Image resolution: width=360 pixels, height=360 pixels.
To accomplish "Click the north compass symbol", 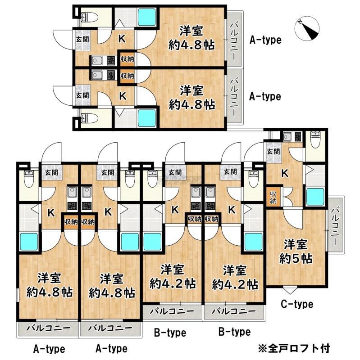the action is coord(307,28).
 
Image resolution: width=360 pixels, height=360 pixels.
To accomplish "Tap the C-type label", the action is coord(297,304).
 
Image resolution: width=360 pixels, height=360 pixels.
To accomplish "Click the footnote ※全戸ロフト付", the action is coord(294,348).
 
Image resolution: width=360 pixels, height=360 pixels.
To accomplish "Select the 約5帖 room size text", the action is coord(296,259).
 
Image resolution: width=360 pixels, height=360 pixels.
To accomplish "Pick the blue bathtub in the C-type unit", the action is coord(315,197).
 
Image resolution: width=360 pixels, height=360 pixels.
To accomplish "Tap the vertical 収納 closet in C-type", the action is coord(273,197).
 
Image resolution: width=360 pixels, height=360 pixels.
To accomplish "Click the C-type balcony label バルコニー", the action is coord(336,225).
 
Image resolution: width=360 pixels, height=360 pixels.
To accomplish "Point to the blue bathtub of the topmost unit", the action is coord(147,17).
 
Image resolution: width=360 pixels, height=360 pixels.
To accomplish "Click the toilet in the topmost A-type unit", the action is coord(89,16).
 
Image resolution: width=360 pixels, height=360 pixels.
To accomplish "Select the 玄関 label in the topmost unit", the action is coord(82,39).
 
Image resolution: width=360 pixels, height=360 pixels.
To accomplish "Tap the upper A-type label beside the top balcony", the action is coord(265,40).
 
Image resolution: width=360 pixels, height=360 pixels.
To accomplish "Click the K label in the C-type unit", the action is coord(285,173).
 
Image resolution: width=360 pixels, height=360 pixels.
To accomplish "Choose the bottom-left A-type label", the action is coord(49,349).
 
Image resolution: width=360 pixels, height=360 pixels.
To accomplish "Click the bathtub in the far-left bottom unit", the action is coord(29,242).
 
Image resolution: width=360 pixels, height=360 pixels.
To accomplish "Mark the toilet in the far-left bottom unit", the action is coord(29,179).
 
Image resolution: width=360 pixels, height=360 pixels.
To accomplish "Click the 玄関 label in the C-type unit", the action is coord(273,151).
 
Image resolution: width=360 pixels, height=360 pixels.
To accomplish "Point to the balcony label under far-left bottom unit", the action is coord(48,328).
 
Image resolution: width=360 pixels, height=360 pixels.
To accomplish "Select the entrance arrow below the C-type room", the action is coord(290,290).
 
